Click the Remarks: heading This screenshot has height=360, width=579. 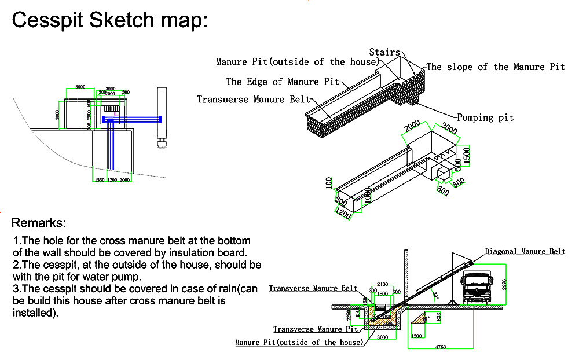(39, 223)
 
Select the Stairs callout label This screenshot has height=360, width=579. (384, 53)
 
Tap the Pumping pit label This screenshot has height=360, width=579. (485, 117)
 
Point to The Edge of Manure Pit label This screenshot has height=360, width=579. (283, 82)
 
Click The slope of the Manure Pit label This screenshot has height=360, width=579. (496, 67)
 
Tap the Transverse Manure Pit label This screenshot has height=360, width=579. (316, 329)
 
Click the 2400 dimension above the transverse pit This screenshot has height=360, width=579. (382, 285)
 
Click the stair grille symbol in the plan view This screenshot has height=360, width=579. (111, 109)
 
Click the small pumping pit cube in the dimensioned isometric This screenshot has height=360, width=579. (444, 174)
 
